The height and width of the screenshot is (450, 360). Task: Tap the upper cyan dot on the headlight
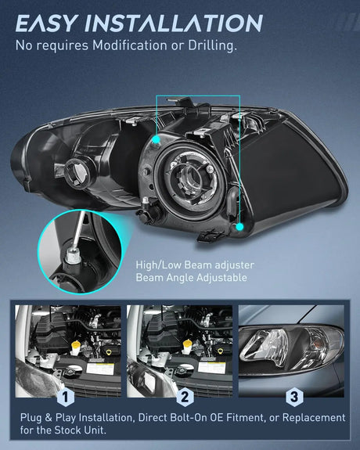159,138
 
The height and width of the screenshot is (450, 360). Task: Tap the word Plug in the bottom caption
28,418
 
